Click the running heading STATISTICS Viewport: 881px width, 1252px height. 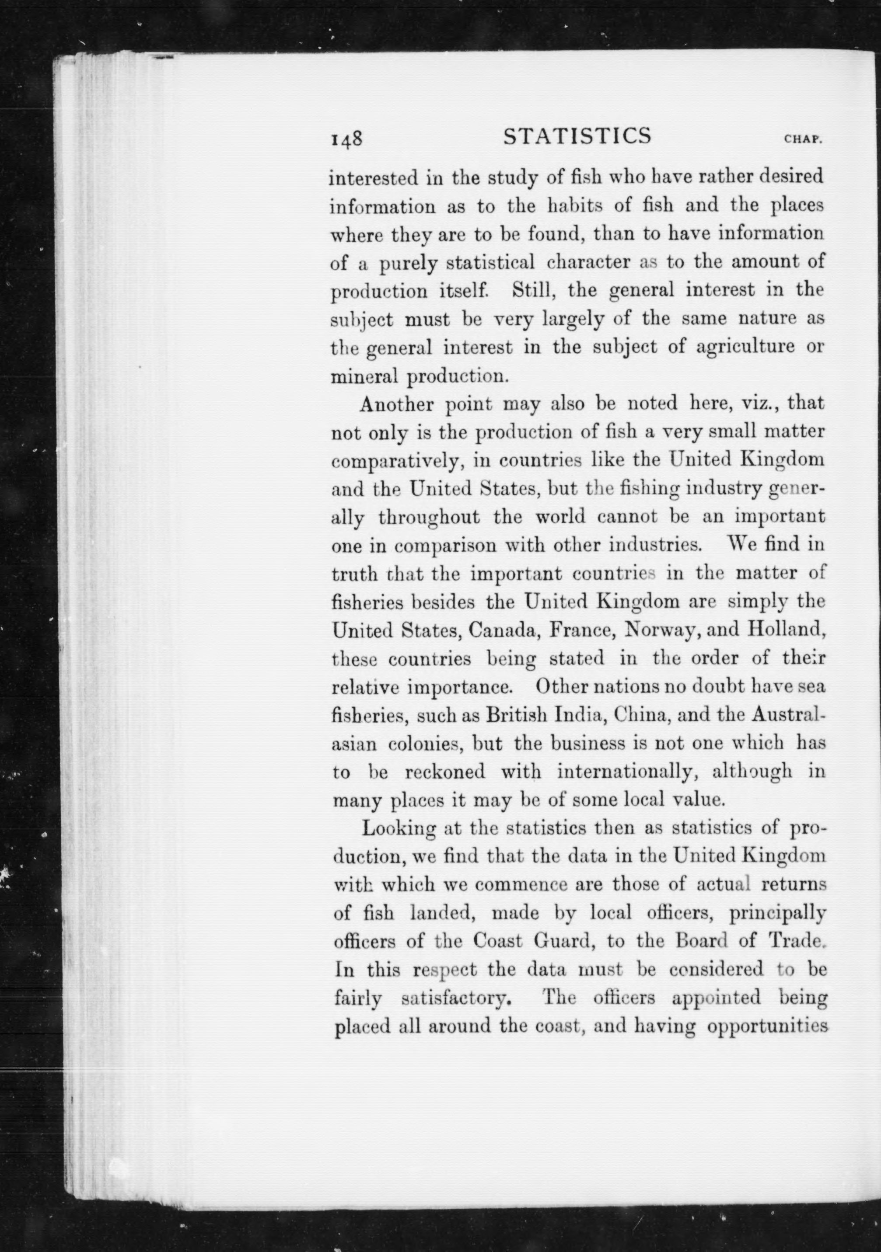(x=577, y=136)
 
